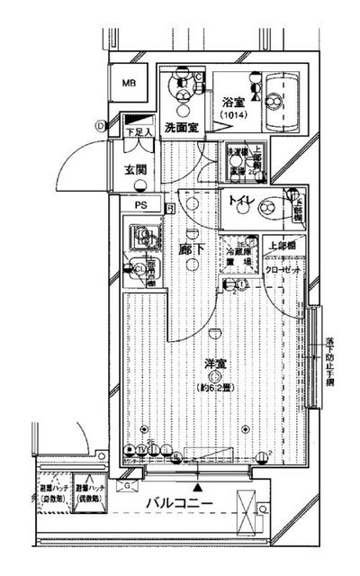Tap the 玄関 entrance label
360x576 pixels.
tap(135, 170)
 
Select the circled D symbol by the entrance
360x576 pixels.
tap(101, 125)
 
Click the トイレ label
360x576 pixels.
tap(239, 201)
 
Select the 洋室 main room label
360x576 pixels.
tap(214, 364)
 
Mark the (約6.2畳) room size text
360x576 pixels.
tap(216, 388)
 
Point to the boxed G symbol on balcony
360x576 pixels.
tap(129, 485)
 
